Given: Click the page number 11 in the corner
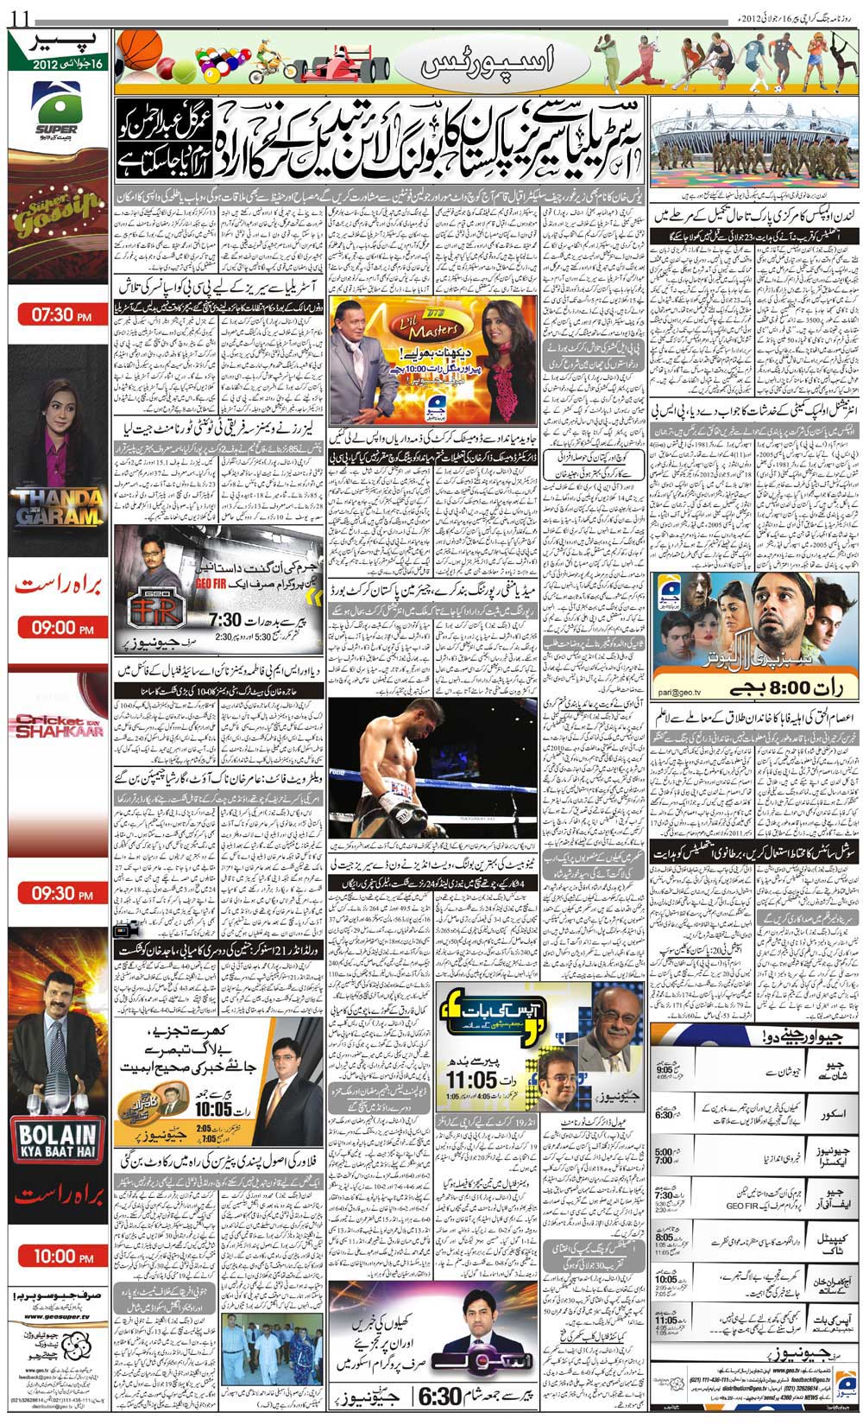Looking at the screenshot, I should pos(19,15).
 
